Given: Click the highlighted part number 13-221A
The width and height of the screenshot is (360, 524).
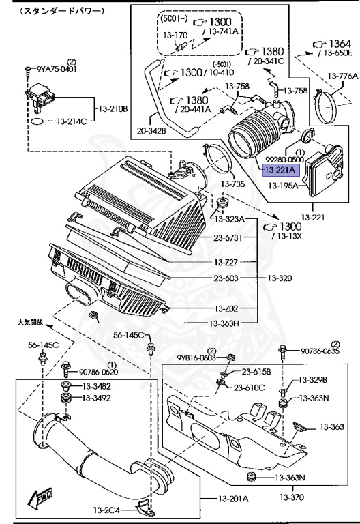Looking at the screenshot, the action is (x=281, y=171).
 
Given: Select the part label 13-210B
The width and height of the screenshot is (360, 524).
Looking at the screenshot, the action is (x=113, y=109).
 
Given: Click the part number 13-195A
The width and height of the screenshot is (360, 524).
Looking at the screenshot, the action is (x=283, y=185).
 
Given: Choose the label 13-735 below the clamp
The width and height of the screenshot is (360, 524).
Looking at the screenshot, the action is (x=232, y=184).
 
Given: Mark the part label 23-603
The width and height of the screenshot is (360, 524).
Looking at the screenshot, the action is (x=226, y=278).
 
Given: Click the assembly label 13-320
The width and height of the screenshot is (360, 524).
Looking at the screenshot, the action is (x=280, y=278).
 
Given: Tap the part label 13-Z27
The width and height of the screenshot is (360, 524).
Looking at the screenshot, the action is (x=226, y=262).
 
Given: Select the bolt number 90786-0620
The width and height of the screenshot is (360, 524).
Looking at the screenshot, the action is (x=98, y=372).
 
